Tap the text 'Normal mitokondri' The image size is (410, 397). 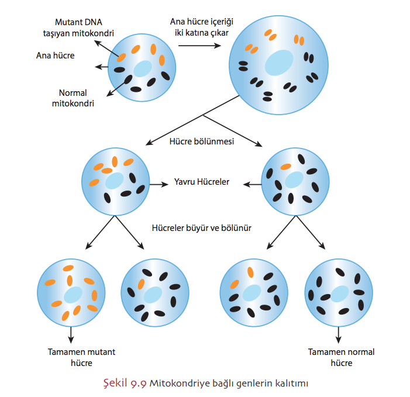[x=77, y=98]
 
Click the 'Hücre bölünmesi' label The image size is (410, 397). [x=202, y=141]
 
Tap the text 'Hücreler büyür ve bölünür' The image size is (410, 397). [x=201, y=228]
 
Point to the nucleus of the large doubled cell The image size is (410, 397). [x=279, y=61]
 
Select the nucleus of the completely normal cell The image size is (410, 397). [x=339, y=292]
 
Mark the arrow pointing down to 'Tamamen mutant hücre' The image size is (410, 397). [x=71, y=334]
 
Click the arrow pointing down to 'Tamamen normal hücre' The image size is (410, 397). [x=339, y=334]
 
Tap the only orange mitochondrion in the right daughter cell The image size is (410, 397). [x=285, y=167]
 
